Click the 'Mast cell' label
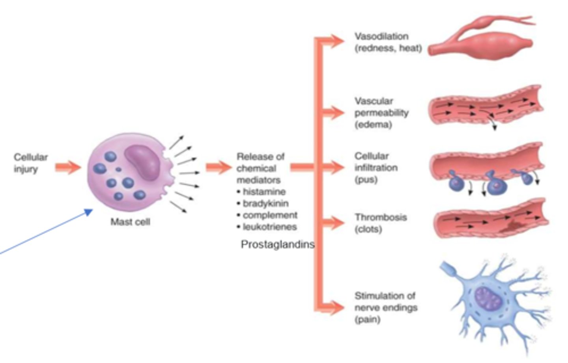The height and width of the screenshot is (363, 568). point(130,222)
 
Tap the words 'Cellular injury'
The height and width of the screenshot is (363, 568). point(30,163)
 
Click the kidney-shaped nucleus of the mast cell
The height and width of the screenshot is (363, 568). point(142,162)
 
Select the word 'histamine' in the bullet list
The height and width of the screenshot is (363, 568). point(264,192)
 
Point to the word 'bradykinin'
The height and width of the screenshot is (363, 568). point(265,203)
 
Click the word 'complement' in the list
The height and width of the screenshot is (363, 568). point(270,215)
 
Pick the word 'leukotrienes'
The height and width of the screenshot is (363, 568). point(269,227)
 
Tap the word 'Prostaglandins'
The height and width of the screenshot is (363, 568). point(277,245)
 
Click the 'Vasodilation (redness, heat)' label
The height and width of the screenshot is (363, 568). point(388,42)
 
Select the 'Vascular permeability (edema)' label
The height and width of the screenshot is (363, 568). point(381,113)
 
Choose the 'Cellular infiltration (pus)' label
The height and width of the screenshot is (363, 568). point(376,168)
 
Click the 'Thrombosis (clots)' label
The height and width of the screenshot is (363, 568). point(380,223)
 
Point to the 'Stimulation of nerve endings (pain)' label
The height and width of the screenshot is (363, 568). point(385,307)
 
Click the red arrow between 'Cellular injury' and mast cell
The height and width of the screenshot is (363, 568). point(67,168)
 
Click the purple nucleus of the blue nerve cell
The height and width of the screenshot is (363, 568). point(488,298)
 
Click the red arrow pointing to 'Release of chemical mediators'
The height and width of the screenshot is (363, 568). point(218,167)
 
